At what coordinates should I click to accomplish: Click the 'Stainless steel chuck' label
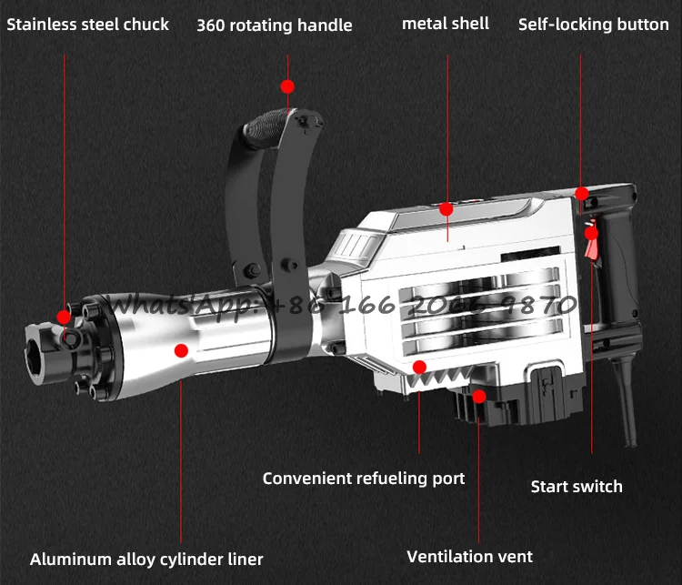tap(88, 25)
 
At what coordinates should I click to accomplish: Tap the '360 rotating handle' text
tap(274, 25)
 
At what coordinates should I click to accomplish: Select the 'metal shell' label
tap(446, 24)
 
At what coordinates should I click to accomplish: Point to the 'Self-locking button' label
tap(593, 25)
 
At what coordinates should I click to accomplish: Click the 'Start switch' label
tap(577, 487)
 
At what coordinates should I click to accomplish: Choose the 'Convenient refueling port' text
tap(364, 478)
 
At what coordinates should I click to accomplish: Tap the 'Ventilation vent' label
tap(470, 556)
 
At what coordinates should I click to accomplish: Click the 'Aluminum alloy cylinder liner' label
tap(146, 560)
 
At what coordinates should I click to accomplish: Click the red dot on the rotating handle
tap(287, 86)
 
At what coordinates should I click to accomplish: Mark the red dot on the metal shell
tap(446, 209)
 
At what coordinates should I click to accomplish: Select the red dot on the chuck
tap(64, 317)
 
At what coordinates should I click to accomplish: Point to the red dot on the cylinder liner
tap(181, 349)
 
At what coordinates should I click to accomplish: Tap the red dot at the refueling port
tap(419, 367)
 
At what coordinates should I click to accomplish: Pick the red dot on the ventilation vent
tap(479, 396)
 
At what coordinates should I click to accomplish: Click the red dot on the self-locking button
tap(581, 193)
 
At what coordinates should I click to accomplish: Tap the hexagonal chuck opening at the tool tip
tap(39, 347)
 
